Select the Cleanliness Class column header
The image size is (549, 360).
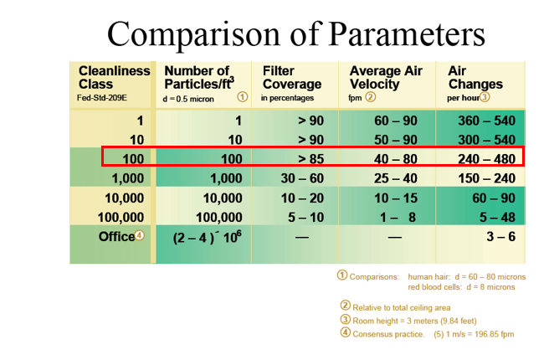click(114, 78)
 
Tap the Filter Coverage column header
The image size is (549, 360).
click(291, 78)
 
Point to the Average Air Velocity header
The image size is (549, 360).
click(386, 78)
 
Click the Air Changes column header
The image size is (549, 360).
click(475, 78)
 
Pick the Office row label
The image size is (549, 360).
click(117, 236)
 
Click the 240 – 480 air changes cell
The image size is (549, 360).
click(486, 157)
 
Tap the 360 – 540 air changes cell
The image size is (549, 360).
click(486, 121)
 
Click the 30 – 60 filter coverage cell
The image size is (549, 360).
click(300, 177)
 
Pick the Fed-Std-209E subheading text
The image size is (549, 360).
click(103, 99)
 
